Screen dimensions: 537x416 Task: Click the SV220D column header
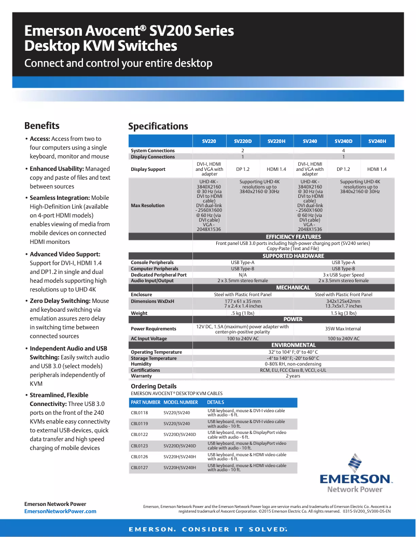243,141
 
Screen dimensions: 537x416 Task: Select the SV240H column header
377,141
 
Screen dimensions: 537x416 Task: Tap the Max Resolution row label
147,206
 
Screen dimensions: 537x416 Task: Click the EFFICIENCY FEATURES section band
293,237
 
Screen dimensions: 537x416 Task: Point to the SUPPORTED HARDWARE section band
293,256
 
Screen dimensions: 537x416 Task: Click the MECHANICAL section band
293,287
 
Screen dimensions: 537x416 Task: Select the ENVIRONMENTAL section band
293,345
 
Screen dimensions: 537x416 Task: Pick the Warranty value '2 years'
293,376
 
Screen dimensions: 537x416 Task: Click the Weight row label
139,313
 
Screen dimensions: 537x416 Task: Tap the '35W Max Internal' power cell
343,329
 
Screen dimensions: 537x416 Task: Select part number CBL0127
139,468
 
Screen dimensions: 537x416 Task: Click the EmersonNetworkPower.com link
60,511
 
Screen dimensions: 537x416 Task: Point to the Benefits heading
42,126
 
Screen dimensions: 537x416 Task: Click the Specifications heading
158,126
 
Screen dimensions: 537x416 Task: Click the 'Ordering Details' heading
154,386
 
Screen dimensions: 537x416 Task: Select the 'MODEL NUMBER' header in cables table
181,402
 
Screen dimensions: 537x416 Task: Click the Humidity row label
141,364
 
